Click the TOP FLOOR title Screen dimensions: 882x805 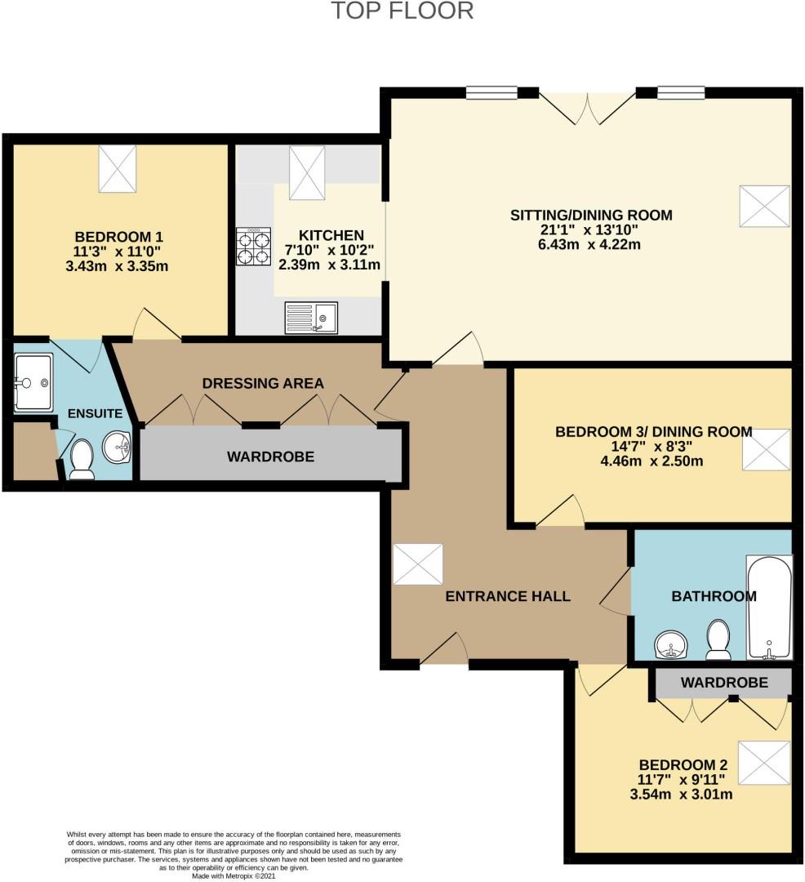click(x=402, y=11)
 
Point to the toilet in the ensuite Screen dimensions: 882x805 click(x=82, y=459)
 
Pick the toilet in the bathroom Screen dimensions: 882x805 click(x=718, y=639)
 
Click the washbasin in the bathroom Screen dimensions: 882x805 click(x=672, y=646)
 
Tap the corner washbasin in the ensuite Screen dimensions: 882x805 click(x=117, y=447)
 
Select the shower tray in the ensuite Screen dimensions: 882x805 click(x=33, y=382)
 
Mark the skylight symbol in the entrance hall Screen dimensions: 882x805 click(x=417, y=564)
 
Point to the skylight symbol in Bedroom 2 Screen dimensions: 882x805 click(x=764, y=763)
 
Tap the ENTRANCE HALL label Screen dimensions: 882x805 click(x=508, y=596)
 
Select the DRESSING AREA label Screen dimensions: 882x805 click(x=263, y=383)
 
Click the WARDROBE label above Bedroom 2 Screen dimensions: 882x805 click(x=724, y=682)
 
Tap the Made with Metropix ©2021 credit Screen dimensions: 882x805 click(x=234, y=875)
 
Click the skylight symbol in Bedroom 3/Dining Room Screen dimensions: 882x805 click(x=766, y=450)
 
